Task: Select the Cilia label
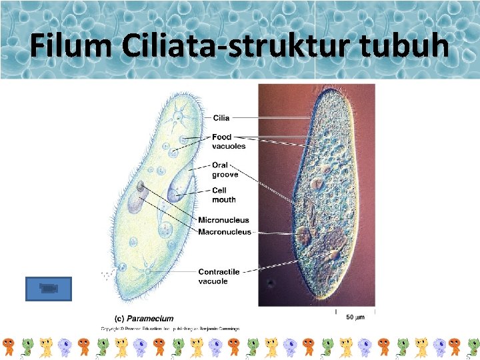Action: pyautogui.click(x=221, y=118)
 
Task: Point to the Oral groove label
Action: pyautogui.click(x=225, y=169)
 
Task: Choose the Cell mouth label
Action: pyautogui.click(x=223, y=195)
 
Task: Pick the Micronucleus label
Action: pyautogui.click(x=223, y=220)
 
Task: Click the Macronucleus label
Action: pyautogui.click(x=225, y=232)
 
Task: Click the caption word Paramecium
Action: pyautogui.click(x=151, y=319)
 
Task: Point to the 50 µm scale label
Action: pyautogui.click(x=355, y=318)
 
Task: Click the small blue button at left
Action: pyautogui.click(x=47, y=289)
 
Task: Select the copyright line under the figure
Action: pyautogui.click(x=170, y=328)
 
